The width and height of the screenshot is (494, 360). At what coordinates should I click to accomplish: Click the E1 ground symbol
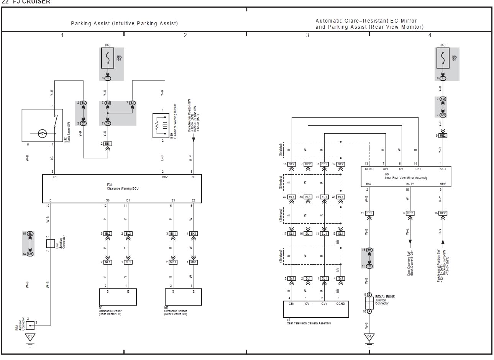pos(30,338)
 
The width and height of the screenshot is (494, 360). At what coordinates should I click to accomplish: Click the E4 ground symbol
pos(369,338)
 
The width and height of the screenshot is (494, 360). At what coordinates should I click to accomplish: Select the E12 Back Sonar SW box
pos(42,125)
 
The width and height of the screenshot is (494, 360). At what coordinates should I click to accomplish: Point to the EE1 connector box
pos(108,144)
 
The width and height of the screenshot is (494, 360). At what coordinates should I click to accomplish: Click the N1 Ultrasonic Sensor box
pos(118,297)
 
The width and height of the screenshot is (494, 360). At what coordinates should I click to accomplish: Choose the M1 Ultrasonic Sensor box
pos(183,297)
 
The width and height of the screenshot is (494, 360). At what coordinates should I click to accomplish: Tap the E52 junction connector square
pos(30,325)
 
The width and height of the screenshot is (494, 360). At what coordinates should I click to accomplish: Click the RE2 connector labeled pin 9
pos(443,136)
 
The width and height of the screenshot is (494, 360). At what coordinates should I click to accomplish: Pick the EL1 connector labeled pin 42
pos(292,197)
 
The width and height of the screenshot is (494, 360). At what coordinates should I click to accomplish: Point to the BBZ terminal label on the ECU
pos(165,177)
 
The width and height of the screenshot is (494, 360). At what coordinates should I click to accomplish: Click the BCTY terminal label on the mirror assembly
pos(410,184)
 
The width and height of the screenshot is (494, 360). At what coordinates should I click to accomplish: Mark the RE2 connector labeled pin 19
pos(369,213)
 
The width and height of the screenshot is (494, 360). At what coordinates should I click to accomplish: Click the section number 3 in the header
pos(307,35)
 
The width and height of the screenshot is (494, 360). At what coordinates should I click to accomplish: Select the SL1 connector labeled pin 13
pos(341,234)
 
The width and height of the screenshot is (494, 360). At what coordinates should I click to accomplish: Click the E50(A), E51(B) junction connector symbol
pos(369,303)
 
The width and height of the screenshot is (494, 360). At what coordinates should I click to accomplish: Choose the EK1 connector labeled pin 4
pos(194,234)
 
